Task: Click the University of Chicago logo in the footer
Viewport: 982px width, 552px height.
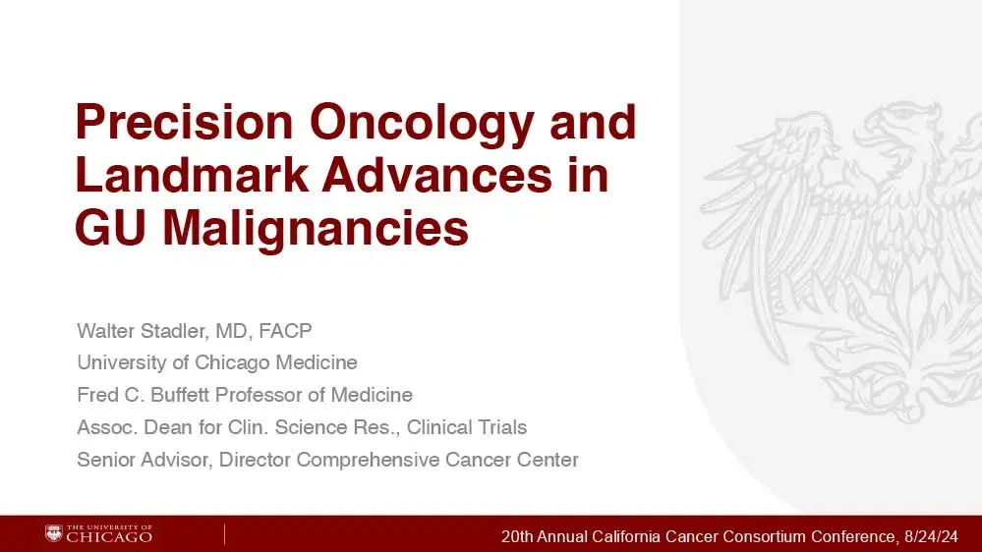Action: tap(98, 534)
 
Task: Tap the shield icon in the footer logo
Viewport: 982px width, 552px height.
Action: tap(53, 534)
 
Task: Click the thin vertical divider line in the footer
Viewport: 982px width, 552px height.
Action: tap(224, 534)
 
